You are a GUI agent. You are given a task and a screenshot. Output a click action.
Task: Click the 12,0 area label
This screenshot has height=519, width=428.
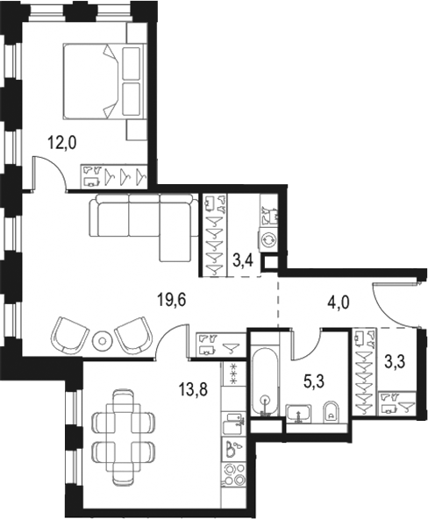click(x=62, y=143)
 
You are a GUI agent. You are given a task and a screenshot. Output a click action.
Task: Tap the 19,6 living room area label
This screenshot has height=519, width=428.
click(x=172, y=300)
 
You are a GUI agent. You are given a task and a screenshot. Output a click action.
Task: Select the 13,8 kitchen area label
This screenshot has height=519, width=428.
click(x=193, y=389)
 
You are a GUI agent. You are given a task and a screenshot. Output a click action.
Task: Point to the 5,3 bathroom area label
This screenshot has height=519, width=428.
click(x=314, y=382)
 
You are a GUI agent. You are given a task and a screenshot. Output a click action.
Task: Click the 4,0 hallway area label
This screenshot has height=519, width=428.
click(x=339, y=302)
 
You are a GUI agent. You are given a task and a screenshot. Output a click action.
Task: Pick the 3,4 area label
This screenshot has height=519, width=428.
click(x=243, y=260)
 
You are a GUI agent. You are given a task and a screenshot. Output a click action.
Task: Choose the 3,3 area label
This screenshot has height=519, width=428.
click(x=395, y=362)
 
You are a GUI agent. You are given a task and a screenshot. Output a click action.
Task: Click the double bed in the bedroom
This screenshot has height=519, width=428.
click(x=104, y=81)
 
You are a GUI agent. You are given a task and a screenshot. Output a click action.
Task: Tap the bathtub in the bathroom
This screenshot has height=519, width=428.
click(x=264, y=381)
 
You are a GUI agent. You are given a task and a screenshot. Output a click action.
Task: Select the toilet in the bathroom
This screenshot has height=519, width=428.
click(x=331, y=412)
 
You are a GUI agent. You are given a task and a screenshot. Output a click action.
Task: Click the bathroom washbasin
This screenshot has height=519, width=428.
click(x=298, y=414)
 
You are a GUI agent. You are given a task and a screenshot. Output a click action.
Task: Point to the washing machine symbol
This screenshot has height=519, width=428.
click(x=268, y=239)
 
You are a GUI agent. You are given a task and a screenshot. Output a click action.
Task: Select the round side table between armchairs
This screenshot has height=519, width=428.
click(x=102, y=340)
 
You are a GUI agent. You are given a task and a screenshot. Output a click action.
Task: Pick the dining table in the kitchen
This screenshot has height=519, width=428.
click(x=123, y=432)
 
